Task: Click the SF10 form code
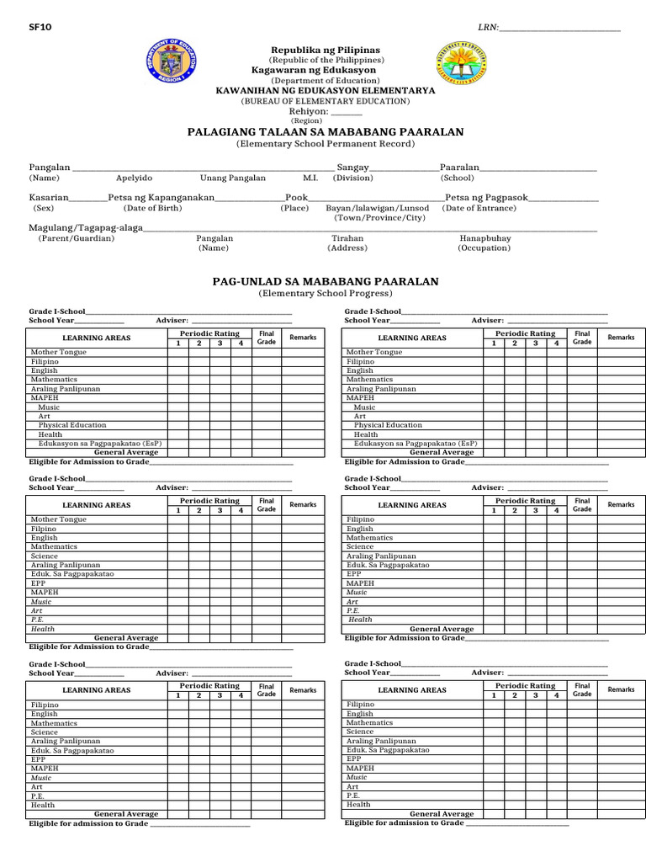[x=40, y=28]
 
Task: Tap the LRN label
[x=488, y=28]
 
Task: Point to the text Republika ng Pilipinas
[x=325, y=51]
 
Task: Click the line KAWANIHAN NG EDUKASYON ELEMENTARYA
[x=326, y=90]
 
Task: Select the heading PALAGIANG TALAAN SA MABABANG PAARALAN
[x=325, y=133]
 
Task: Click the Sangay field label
[x=352, y=168]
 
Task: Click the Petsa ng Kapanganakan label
[x=161, y=197]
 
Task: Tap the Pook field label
[x=297, y=197]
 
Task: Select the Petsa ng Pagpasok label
[x=486, y=197]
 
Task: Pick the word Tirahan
[x=347, y=238]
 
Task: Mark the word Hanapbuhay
[x=484, y=238]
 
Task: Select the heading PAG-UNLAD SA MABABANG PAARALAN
[x=325, y=281]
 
